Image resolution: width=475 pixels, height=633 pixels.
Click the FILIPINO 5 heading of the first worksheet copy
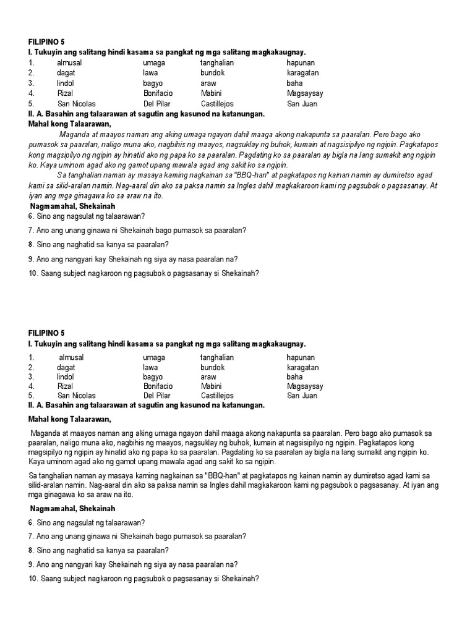pos(46,43)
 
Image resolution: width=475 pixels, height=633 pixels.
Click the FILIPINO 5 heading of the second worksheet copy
pos(46,333)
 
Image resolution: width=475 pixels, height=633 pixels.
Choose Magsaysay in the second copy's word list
pos(305,386)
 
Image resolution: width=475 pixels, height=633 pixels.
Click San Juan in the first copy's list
pos(302,103)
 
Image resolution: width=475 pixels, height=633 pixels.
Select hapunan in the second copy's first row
pos(301,357)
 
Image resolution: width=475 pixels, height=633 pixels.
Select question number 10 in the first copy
pos(32,273)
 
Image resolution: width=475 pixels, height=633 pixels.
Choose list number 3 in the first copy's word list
pos(31,83)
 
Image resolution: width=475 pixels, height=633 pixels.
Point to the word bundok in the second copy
pos(212,367)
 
